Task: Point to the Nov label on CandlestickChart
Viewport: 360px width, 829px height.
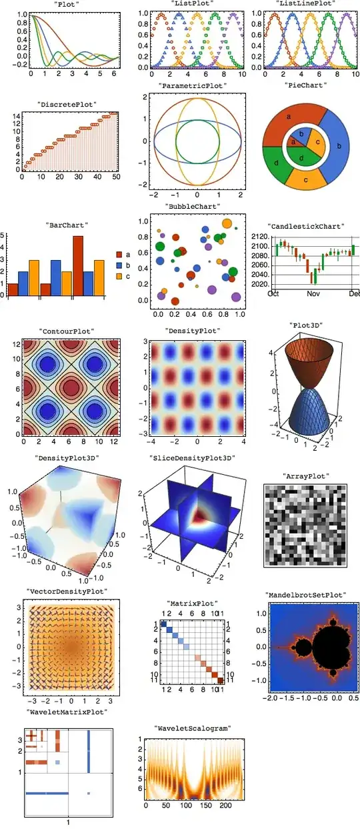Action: point(313,293)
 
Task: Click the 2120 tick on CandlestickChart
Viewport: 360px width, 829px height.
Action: point(261,237)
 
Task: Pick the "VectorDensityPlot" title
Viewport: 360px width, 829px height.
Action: point(65,592)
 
